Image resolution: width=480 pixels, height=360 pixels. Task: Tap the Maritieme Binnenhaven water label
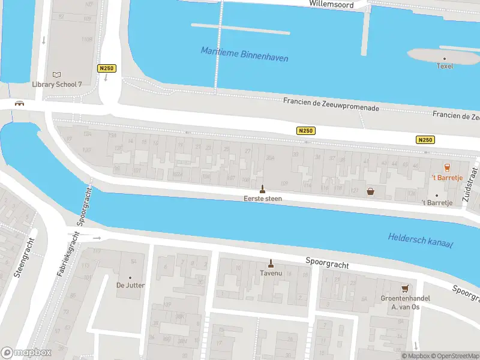pyautogui.click(x=244, y=55)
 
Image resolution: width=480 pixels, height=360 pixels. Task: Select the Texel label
pyautogui.click(x=445, y=66)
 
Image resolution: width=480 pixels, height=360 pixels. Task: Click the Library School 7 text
pyautogui.click(x=57, y=84)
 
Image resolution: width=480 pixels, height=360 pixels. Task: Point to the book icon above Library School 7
pyautogui.click(x=57, y=74)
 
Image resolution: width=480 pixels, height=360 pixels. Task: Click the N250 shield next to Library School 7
pyautogui.click(x=106, y=68)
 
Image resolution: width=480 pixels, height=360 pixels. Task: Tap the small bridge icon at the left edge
pyautogui.click(x=19, y=103)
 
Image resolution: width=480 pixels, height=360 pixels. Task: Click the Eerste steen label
pyautogui.click(x=262, y=199)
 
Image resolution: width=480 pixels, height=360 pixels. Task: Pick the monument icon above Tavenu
pyautogui.click(x=271, y=263)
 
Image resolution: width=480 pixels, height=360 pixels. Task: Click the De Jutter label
pyautogui.click(x=130, y=286)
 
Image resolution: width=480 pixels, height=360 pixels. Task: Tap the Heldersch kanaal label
pyautogui.click(x=420, y=240)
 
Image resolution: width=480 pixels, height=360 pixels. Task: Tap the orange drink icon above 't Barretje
pyautogui.click(x=446, y=167)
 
